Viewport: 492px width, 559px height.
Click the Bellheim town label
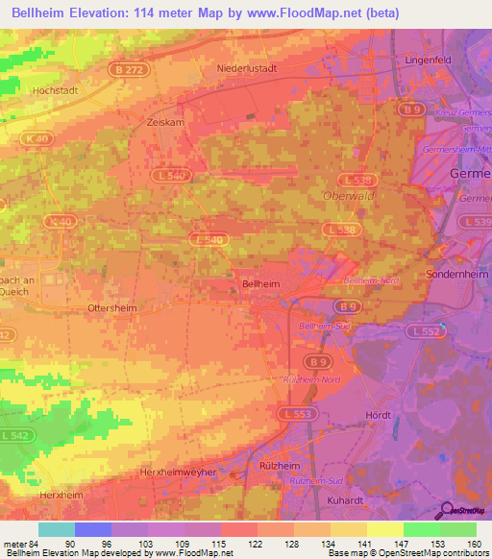click(260, 284)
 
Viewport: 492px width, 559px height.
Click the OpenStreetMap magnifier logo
click(449, 511)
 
